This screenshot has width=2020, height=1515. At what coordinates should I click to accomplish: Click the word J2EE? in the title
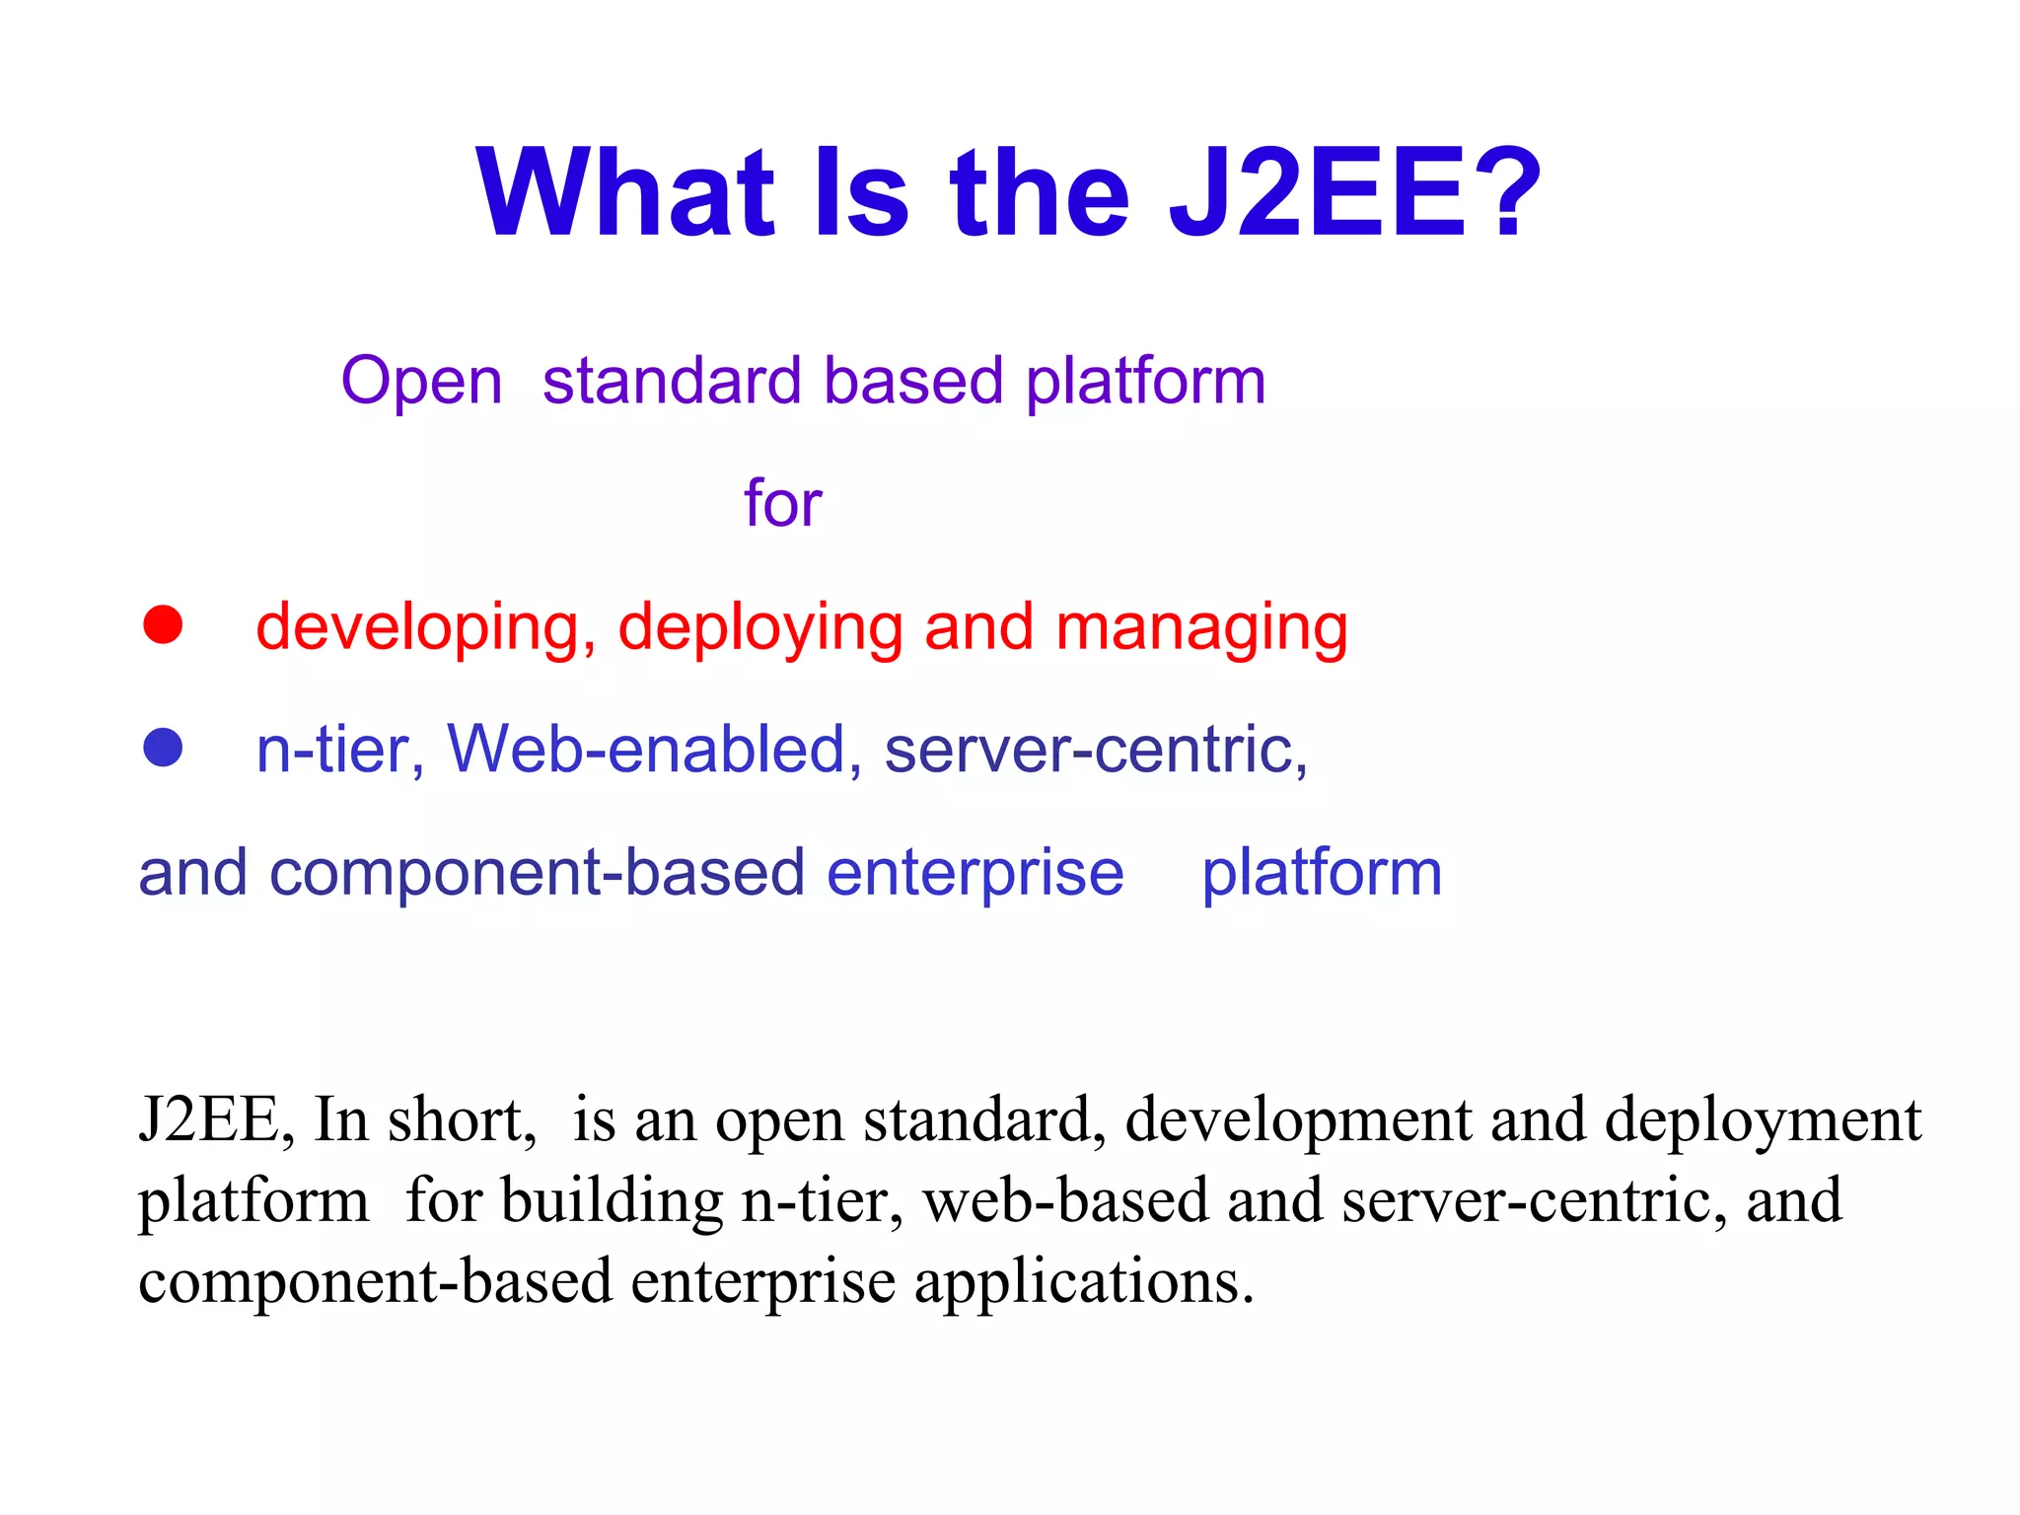(1354, 192)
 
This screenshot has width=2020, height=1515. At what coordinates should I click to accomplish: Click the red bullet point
(163, 624)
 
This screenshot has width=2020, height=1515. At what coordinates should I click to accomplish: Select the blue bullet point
(163, 748)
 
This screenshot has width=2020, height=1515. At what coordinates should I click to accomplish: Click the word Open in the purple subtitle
(421, 382)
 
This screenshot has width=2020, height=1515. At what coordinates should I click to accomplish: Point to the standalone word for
(782, 503)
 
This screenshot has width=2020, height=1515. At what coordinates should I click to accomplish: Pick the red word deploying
(759, 628)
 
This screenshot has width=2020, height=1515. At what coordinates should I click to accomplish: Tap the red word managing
(1201, 628)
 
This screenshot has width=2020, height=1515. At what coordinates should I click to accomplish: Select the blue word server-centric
(1095, 750)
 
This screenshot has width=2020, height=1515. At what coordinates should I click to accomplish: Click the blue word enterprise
(974, 874)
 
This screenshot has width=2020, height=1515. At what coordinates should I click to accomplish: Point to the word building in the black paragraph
(612, 1201)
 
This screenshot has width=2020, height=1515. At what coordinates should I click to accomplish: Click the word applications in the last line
(1084, 1282)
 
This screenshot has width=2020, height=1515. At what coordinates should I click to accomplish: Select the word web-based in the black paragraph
(1065, 1201)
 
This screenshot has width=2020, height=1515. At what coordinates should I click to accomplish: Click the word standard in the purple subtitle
(672, 382)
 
